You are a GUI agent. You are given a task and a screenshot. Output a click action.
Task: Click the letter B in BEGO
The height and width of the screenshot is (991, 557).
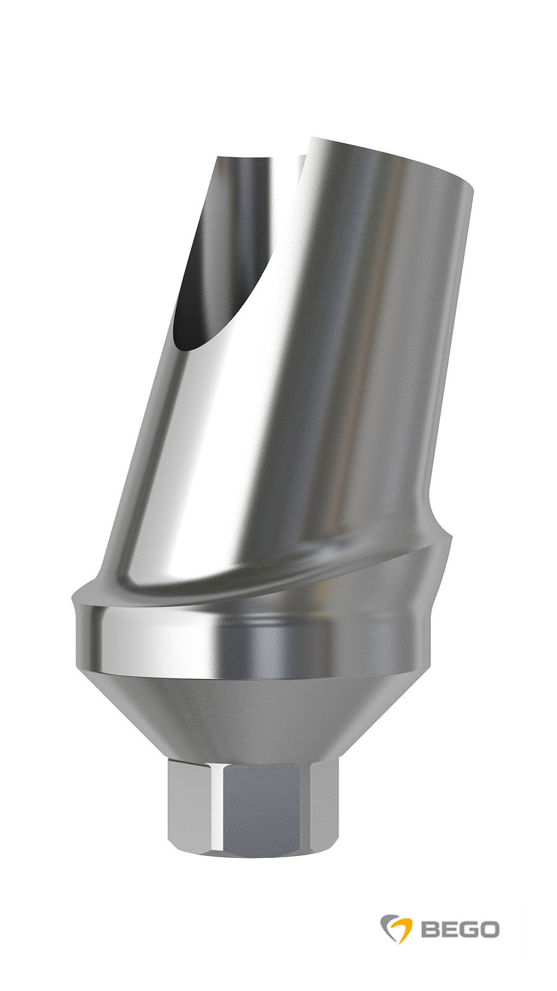(431, 929)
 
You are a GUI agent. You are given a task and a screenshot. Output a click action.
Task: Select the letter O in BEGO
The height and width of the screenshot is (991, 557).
(488, 929)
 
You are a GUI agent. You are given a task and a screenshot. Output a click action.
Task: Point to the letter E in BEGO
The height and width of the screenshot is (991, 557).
(449, 929)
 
